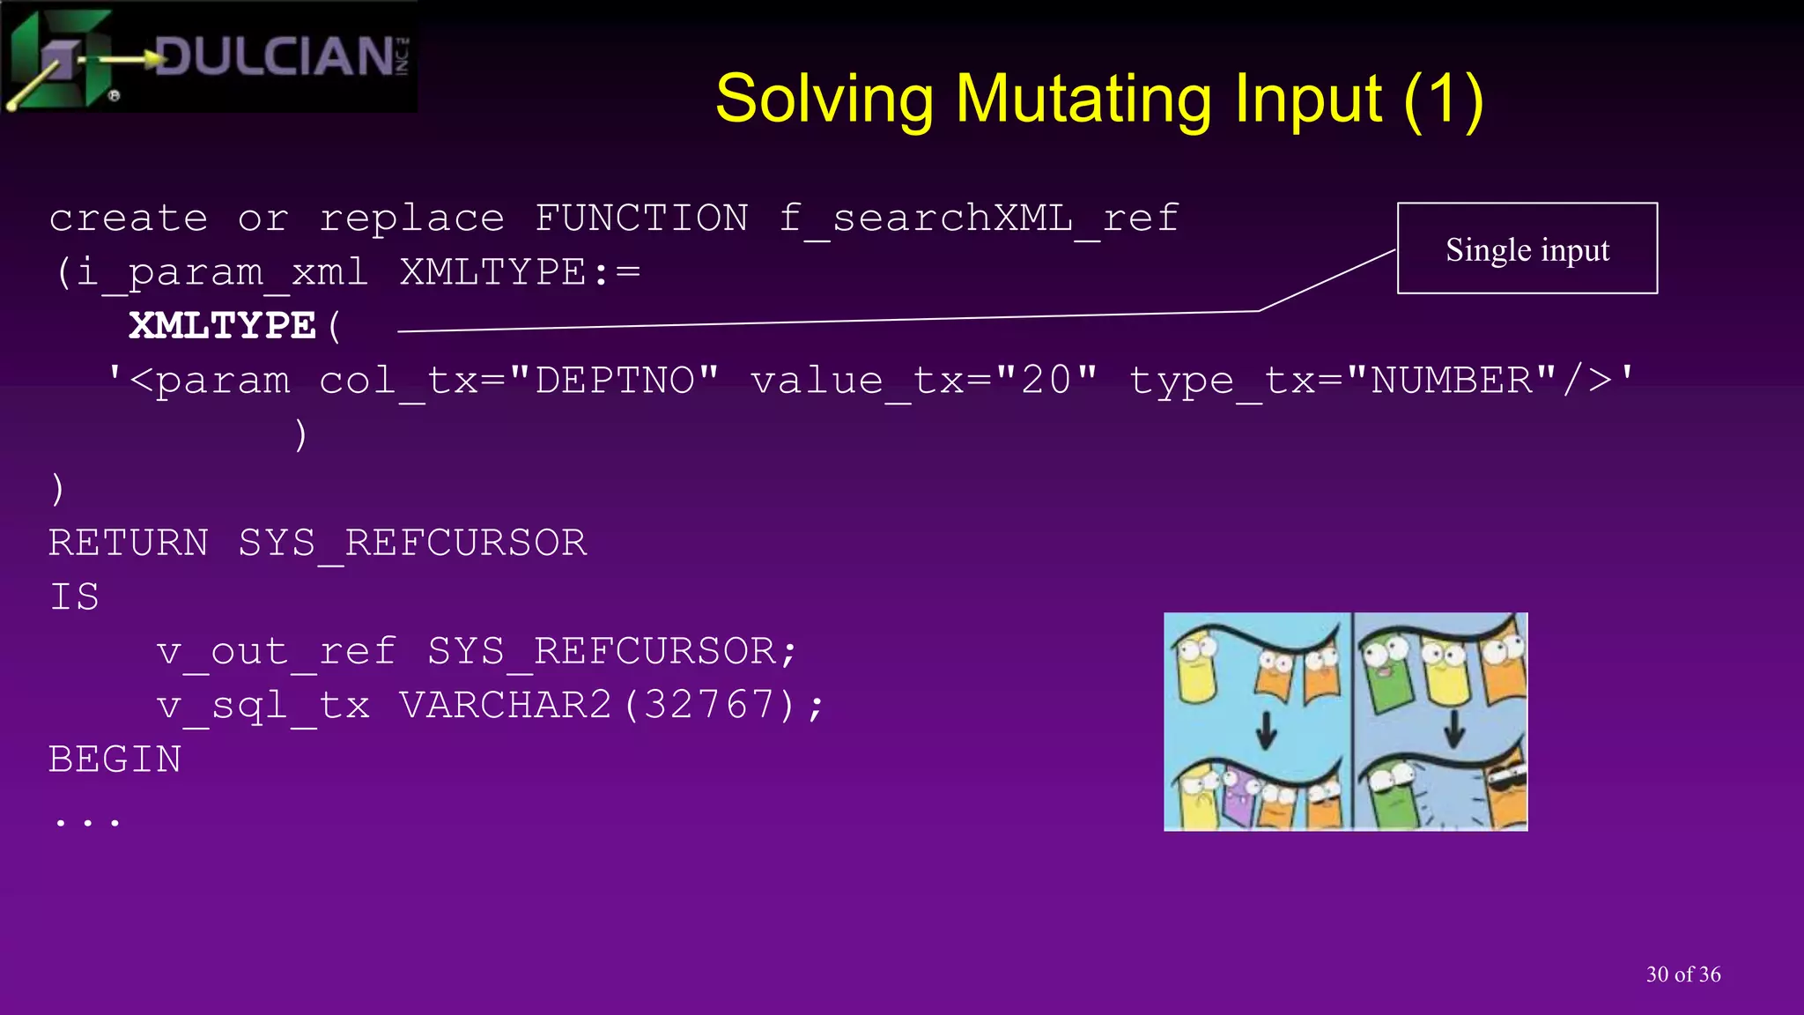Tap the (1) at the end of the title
(x=1444, y=100)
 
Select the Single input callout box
(x=1527, y=249)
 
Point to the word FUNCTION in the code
(x=641, y=219)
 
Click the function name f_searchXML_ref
(x=979, y=219)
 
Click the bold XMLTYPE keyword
(x=222, y=326)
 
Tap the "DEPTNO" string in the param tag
(x=614, y=381)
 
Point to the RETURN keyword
(x=129, y=543)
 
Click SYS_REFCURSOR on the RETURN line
(x=412, y=543)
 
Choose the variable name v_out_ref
(x=276, y=652)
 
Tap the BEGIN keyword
(x=115, y=759)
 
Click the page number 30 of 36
(x=1682, y=974)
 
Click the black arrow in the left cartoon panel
(x=1266, y=729)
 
